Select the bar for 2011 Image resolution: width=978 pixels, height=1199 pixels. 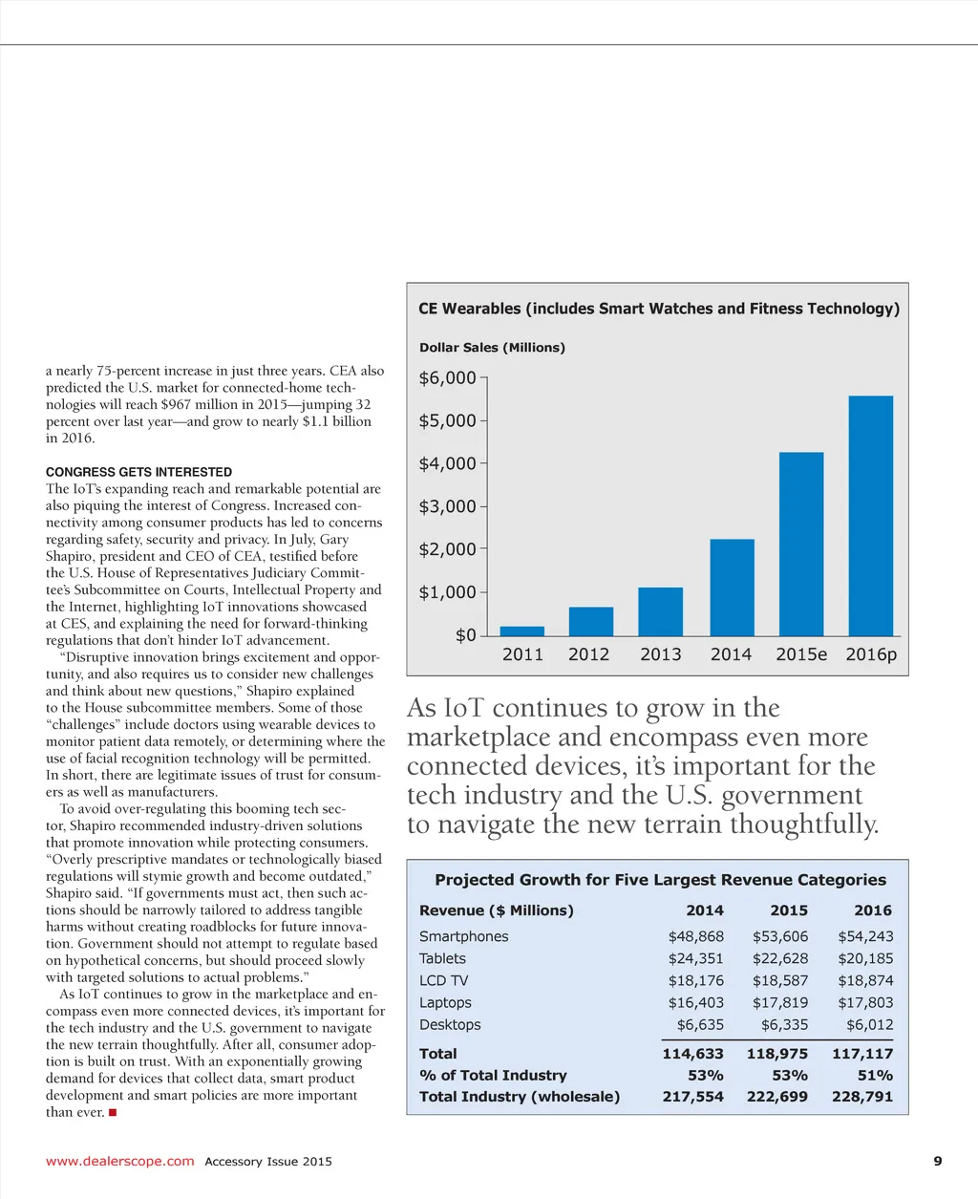522,632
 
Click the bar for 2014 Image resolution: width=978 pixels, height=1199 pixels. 732,588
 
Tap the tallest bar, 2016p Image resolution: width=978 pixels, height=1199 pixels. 870,516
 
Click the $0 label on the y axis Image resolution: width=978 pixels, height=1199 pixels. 465,636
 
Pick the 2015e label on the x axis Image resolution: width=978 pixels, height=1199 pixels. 801,655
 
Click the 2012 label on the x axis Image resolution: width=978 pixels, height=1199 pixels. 588,655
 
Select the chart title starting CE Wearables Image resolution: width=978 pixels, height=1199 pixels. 659,309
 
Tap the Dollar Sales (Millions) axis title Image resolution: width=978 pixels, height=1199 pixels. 492,348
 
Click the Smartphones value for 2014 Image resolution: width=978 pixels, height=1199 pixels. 695,937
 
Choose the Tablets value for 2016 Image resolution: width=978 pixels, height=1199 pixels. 865,959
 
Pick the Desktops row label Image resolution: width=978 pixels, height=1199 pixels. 450,1025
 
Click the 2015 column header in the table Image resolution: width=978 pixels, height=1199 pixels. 789,911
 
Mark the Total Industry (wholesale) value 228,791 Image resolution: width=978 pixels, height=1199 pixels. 862,1097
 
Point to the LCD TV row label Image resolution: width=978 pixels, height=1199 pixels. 443,981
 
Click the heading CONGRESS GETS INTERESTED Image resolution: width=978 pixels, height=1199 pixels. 138,472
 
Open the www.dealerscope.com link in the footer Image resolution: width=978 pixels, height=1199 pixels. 119,1162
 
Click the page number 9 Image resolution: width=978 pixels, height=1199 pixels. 937,1162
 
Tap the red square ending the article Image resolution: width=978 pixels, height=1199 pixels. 113,1113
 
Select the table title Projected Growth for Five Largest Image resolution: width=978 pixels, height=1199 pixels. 660,880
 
